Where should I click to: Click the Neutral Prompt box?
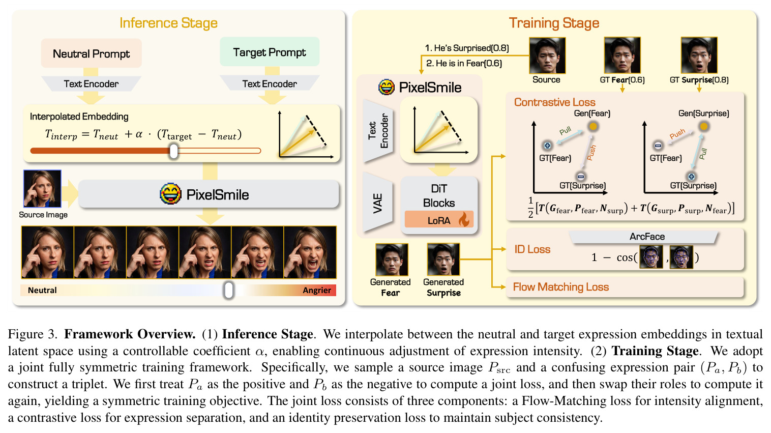click(x=91, y=53)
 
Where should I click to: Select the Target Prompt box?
click(x=270, y=52)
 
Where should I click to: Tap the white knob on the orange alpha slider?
click(x=174, y=151)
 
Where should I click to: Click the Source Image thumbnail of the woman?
click(x=42, y=189)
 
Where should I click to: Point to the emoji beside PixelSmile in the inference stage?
click(x=170, y=194)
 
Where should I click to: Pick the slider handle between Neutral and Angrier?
click(x=228, y=290)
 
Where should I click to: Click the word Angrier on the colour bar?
click(x=317, y=290)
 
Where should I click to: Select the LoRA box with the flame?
click(x=439, y=219)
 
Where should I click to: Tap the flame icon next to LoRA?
click(x=464, y=219)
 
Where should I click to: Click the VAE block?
click(x=378, y=203)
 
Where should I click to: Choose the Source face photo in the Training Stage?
click(x=547, y=55)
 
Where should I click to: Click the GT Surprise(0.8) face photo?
click(x=699, y=55)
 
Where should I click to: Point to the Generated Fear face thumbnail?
click(x=392, y=259)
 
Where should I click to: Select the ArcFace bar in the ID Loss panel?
click(x=644, y=237)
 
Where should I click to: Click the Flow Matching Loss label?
click(x=560, y=286)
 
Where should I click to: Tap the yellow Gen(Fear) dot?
click(x=592, y=126)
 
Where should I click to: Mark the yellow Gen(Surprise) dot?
click(x=704, y=126)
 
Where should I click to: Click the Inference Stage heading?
click(x=168, y=23)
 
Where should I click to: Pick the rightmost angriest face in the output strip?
click(x=310, y=252)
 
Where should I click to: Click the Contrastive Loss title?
click(x=554, y=102)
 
